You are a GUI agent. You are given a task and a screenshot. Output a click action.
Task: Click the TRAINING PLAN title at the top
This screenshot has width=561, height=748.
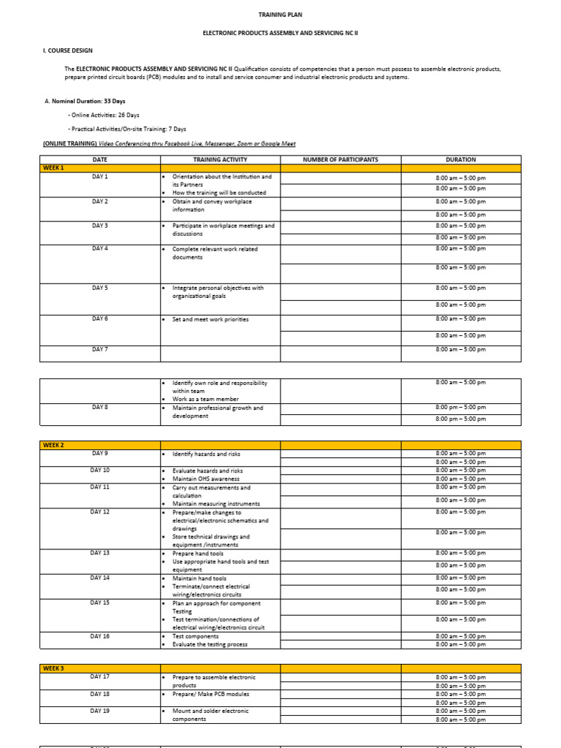280,14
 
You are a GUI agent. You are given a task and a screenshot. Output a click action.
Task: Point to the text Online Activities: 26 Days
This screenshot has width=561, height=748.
104,115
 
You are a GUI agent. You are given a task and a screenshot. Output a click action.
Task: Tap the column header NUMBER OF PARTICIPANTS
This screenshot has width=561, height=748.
340,159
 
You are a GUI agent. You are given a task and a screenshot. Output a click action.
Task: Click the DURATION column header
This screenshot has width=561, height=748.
460,159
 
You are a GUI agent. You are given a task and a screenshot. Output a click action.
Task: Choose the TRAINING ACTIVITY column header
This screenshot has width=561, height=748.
220,159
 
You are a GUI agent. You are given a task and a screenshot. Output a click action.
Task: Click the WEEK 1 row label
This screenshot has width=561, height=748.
53,168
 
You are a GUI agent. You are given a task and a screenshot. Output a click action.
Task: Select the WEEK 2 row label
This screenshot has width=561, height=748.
53,445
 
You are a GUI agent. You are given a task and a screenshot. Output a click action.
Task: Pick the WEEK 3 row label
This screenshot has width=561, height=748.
53,668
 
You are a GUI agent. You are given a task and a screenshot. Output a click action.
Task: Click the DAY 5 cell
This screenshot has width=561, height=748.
99,288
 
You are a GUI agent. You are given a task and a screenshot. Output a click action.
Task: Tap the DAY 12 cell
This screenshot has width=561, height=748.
99,512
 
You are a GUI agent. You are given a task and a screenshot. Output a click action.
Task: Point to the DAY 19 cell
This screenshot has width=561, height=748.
99,711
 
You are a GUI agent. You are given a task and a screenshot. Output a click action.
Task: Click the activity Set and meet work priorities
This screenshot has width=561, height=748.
210,319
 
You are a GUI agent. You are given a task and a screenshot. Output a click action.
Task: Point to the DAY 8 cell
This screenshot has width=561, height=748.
99,408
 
